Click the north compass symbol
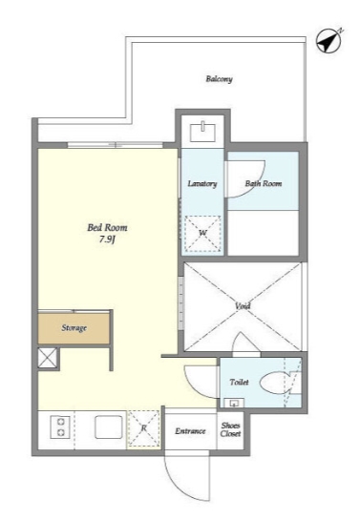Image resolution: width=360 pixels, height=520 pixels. pos(329,41)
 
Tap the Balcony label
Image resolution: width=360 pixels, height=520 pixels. pos(219,79)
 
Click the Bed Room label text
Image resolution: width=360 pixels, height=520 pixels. pos(107,227)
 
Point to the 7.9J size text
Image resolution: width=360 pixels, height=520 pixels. pos(107,239)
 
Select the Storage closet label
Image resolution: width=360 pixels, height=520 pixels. pos(74,328)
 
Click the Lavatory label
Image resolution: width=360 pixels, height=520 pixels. pos(202,183)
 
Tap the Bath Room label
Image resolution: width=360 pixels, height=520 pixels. pos(264,183)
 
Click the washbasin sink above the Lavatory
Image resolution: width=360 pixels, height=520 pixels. pos(202,133)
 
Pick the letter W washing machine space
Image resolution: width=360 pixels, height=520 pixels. pos(202,234)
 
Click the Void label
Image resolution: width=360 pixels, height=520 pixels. pos(243,305)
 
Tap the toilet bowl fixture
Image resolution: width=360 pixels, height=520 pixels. pos(276,384)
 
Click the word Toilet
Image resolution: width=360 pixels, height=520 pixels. pos(240,382)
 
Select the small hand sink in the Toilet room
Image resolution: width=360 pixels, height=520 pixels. pos(234,403)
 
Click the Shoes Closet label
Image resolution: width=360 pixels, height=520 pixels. pos(230,429)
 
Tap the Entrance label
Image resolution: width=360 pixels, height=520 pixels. pos(190,431)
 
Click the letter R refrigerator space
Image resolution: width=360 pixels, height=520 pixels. pos(143,428)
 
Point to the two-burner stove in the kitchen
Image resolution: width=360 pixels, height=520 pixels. pos(60,427)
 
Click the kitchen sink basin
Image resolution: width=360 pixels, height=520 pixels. pos(109,427)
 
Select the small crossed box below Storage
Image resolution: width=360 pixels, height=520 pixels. pos(47,358)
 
